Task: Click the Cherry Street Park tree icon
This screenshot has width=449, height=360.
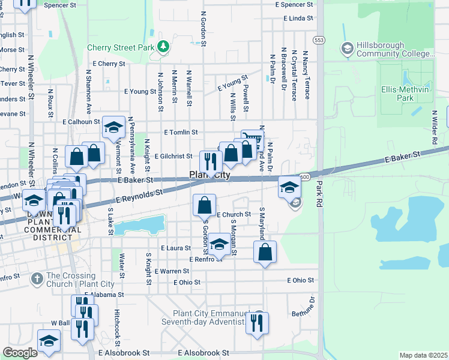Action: click(x=163, y=46)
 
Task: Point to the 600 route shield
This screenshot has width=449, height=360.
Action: click(x=306, y=176)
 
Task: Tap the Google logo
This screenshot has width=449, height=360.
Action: click(x=20, y=353)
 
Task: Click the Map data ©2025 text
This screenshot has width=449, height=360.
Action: click(x=423, y=355)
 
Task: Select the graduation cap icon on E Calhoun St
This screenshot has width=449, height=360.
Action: click(x=113, y=127)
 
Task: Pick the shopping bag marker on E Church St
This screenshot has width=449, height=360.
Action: click(x=205, y=205)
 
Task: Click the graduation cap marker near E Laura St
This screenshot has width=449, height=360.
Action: click(x=219, y=244)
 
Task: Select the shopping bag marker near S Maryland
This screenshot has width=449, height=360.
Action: click(x=265, y=252)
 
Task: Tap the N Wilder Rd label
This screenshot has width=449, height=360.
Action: click(x=434, y=126)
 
